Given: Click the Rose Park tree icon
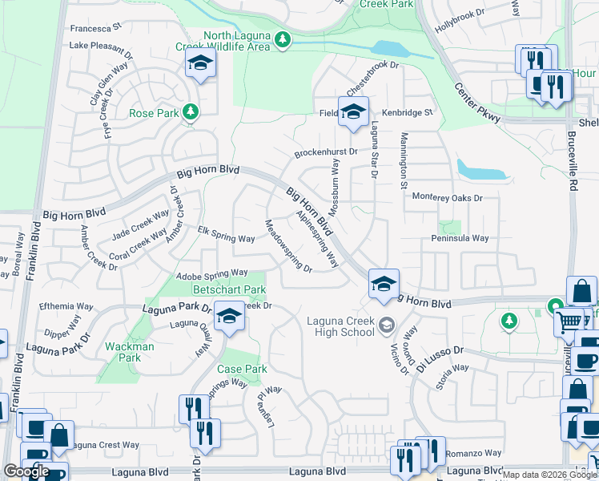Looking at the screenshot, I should tap(191, 111).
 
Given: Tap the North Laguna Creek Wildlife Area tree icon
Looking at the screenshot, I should tap(281, 38).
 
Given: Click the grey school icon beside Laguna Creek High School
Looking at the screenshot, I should tap(387, 324).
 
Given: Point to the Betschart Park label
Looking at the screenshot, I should tap(230, 289).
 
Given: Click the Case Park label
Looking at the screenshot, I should tap(242, 370).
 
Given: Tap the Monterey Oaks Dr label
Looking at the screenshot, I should tap(448, 197).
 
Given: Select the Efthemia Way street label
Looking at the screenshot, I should tap(66, 306).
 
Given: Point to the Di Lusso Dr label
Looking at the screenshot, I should tap(440, 354).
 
